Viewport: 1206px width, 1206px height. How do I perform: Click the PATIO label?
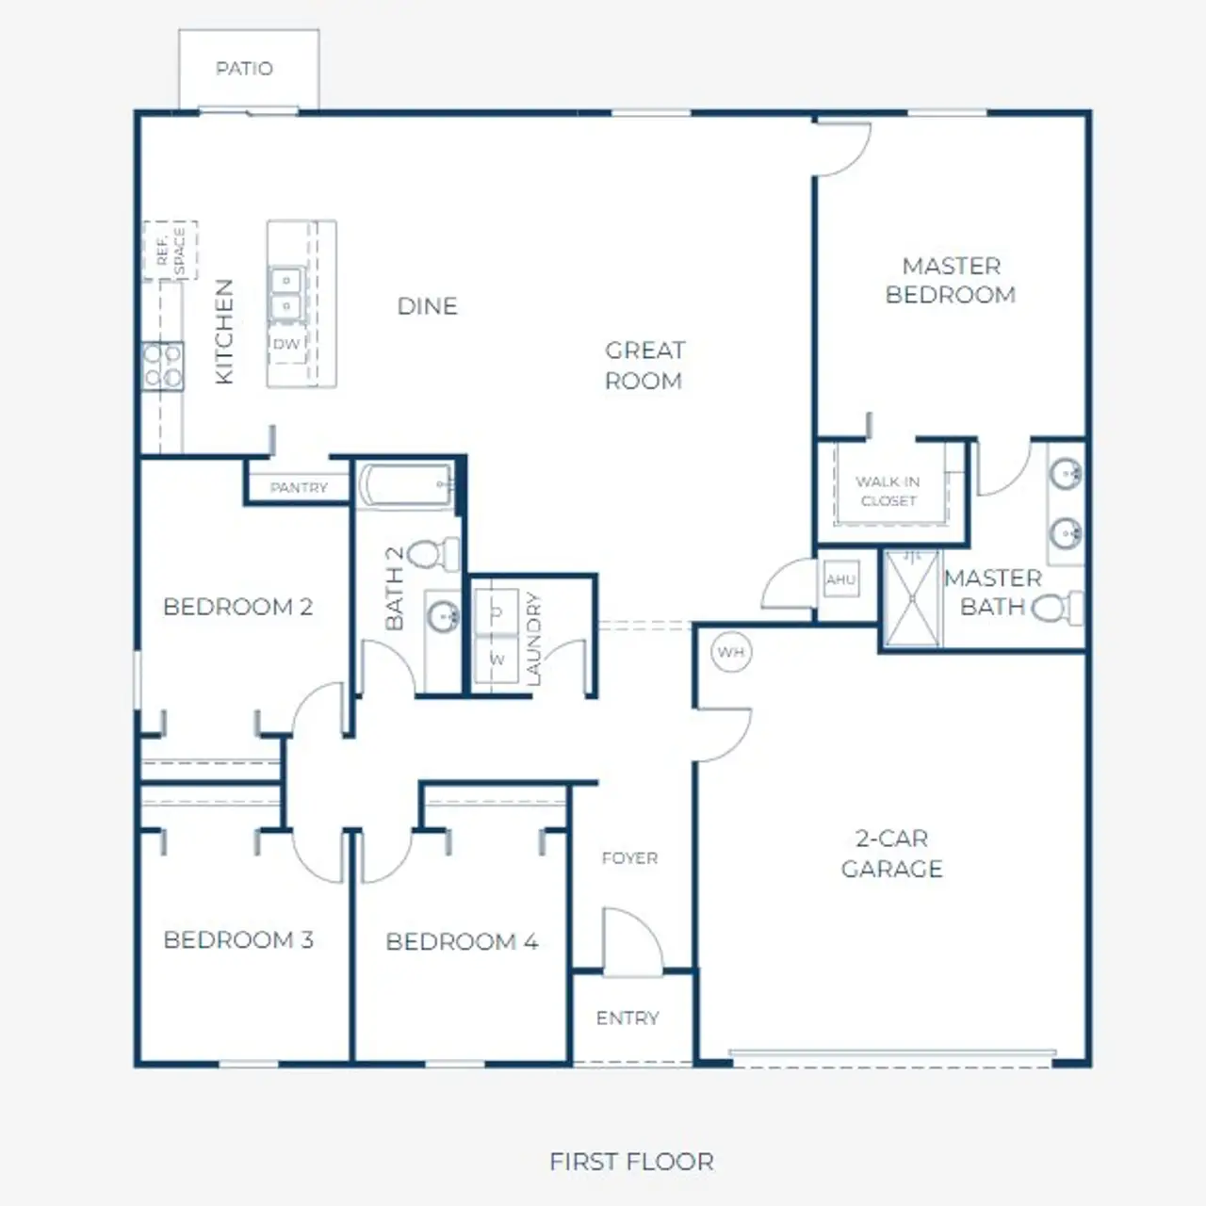point(244,69)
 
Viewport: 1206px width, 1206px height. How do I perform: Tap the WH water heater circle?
point(731,652)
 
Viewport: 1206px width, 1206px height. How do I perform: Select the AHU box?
point(840,579)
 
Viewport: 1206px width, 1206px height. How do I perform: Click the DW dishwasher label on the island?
point(285,344)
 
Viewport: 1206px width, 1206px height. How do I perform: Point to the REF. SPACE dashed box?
point(171,251)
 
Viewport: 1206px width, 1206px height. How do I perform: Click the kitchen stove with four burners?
point(162,367)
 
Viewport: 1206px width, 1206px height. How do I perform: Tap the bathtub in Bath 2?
point(406,485)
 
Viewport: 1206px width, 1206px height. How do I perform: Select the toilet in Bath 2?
point(434,554)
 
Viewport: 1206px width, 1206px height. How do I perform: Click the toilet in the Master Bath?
point(1055,608)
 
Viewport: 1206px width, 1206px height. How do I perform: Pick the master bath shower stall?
point(912,598)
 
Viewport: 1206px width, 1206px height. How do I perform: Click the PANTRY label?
point(299,487)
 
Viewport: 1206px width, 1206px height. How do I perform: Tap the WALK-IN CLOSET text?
point(888,491)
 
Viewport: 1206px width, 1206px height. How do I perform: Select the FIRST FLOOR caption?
point(631,1162)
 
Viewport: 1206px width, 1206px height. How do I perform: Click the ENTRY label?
point(627,1019)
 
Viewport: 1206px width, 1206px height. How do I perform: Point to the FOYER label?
point(629,858)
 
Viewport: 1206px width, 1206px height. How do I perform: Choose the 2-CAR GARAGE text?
point(891,854)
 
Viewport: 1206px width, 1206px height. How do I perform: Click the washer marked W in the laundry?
point(497,660)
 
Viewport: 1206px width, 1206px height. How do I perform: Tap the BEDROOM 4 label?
point(462,941)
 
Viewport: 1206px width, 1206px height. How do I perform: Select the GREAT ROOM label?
point(644,366)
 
